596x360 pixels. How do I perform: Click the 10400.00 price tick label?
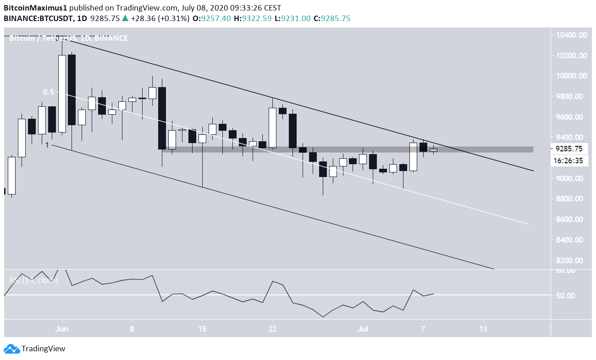[570, 35]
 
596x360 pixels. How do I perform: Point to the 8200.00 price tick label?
[570, 260]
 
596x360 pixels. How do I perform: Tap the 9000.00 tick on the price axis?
[570, 178]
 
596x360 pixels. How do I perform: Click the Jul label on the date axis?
[363, 328]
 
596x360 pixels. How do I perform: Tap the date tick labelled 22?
[273, 328]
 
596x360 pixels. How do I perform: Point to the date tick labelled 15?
[202, 328]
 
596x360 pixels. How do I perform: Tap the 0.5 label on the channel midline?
[49, 92]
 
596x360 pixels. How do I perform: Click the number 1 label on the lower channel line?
[47, 145]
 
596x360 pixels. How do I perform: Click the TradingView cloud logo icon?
[12, 349]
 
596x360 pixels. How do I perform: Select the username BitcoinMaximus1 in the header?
[35, 8]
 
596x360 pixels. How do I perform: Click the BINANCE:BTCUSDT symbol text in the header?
[40, 19]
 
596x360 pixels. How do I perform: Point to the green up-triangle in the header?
[125, 19]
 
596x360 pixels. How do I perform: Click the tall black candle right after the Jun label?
[72, 89]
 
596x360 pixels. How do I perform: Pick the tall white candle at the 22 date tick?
[272, 127]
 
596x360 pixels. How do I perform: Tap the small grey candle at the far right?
[433, 150]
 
